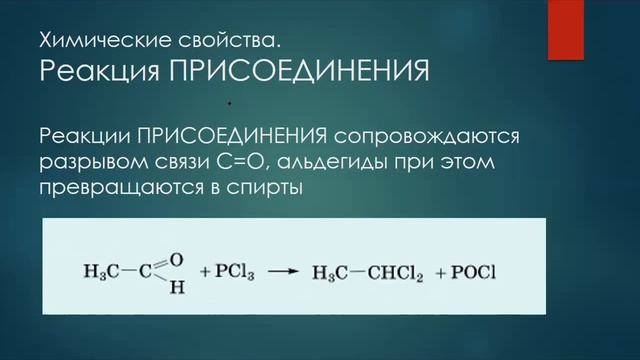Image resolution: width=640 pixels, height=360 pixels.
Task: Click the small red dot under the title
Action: pos(229,102)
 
